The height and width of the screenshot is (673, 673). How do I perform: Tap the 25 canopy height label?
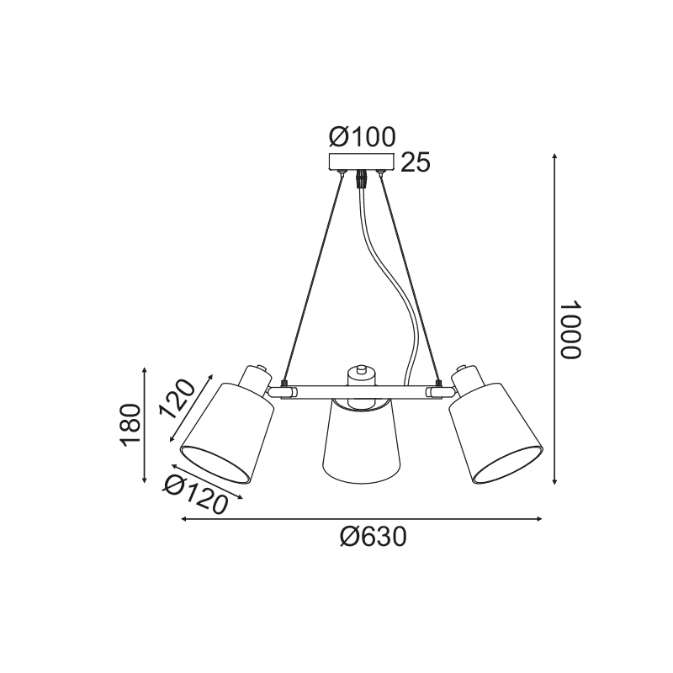415,162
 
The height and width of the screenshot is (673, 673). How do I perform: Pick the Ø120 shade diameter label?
195,493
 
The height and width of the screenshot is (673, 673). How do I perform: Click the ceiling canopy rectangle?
362,161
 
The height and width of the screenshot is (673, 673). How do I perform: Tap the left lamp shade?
228,432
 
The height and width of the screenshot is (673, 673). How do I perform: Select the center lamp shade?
361,442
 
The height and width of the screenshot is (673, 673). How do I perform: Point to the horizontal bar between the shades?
361,390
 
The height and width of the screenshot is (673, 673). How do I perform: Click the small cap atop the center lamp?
361,373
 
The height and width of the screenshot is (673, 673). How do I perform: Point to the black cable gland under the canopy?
362,178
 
